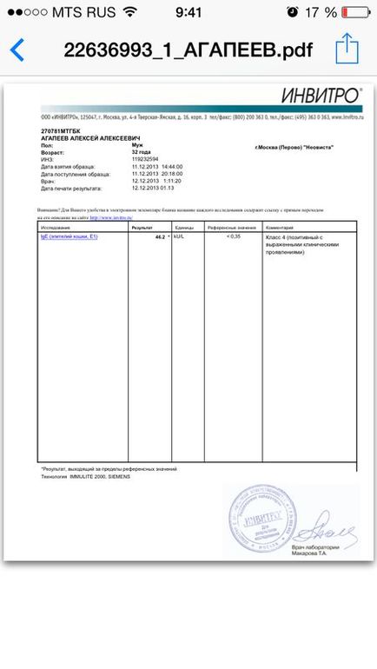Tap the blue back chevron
[16, 48]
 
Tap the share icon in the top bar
[347, 47]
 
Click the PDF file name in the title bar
[187, 49]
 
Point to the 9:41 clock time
[188, 13]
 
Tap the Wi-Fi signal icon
[129, 13]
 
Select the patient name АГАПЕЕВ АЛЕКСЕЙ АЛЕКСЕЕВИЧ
[91, 138]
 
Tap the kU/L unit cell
[180, 236]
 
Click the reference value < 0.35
[234, 236]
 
